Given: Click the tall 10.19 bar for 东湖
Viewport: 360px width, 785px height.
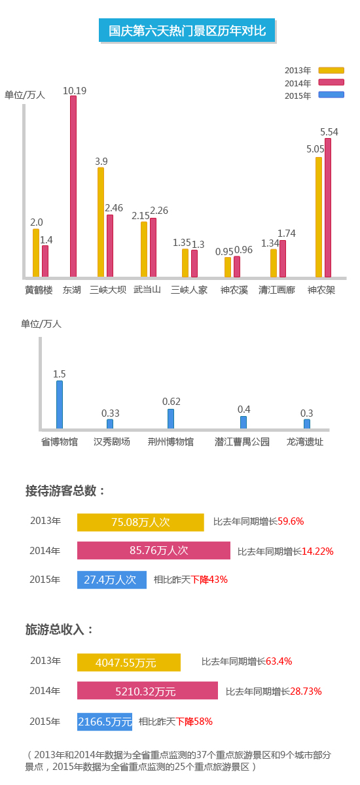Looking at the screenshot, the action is click(73, 186).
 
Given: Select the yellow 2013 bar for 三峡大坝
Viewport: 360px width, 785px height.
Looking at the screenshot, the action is click(101, 222).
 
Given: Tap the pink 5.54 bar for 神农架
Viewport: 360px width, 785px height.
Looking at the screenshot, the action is click(328, 208).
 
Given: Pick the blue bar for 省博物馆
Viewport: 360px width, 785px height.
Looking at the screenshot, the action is click(60, 404).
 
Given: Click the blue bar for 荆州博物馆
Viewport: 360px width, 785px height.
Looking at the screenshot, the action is click(171, 419).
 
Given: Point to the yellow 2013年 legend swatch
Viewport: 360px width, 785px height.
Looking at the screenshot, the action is click(331, 70).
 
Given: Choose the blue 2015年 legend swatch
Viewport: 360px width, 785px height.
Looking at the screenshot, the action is click(331, 95).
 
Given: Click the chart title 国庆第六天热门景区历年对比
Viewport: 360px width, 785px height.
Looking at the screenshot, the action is click(187, 31).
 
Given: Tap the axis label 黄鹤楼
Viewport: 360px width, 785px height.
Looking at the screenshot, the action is click(39, 290).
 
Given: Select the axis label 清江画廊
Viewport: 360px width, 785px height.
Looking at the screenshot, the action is click(277, 290).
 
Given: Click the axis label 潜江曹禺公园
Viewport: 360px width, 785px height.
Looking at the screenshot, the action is click(242, 442).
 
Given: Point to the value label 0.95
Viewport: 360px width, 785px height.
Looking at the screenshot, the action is click(224, 252).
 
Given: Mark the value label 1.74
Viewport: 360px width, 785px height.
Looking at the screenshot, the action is click(287, 233).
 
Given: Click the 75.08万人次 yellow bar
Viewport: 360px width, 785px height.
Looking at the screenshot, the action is click(141, 522).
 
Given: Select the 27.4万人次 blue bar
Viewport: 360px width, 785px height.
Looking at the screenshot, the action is click(112, 580).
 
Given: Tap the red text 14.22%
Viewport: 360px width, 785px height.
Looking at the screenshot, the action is click(317, 551).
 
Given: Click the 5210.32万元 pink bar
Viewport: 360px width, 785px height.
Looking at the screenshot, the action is click(147, 690).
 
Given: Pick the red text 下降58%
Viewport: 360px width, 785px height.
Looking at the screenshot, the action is click(194, 721).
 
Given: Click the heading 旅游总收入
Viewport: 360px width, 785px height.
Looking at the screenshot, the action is click(55, 629).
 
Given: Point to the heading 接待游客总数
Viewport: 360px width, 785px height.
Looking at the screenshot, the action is click(61, 491).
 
